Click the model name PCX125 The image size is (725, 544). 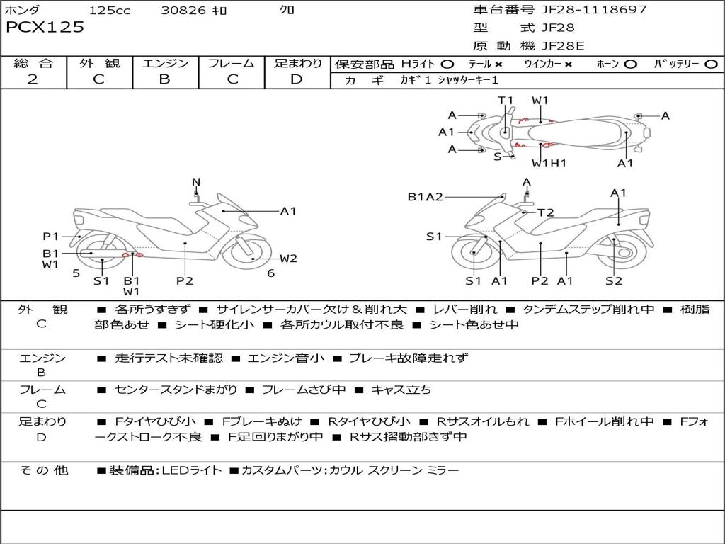45,28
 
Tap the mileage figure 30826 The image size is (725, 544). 183,11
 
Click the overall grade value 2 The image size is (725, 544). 33,79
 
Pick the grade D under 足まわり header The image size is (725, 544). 297,79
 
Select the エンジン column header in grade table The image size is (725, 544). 165,64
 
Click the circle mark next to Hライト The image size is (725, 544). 447,64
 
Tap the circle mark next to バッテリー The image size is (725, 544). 711,64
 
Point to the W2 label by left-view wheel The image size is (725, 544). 288,259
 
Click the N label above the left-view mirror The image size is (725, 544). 196,182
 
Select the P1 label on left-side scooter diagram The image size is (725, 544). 50,236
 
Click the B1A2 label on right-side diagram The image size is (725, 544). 425,197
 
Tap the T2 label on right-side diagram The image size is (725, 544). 545,212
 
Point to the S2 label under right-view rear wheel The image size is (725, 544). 614,281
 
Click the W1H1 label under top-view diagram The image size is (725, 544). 549,164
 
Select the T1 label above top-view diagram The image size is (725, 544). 505,101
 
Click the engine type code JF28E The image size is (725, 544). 563,46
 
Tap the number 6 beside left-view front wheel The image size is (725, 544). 270,273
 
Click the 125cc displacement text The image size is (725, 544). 110,11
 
